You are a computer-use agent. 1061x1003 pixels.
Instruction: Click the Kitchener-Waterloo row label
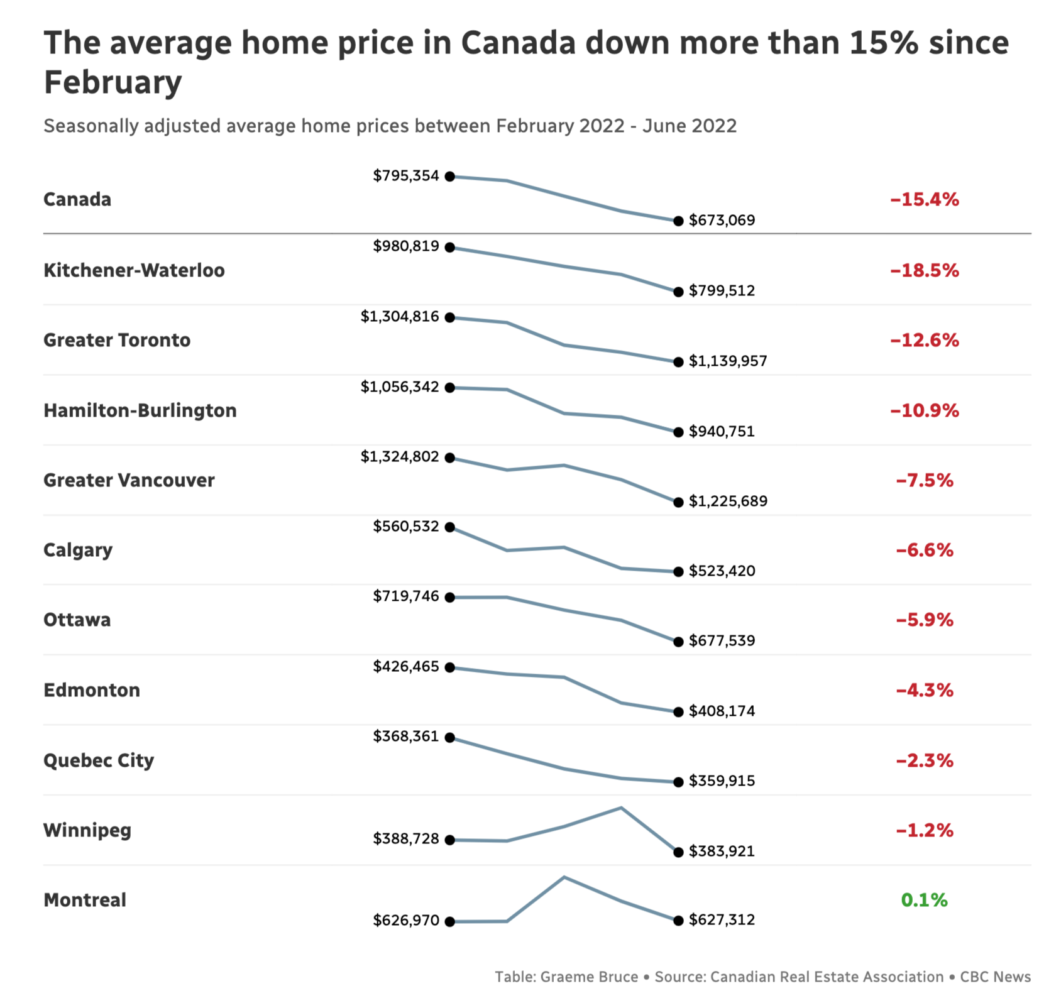click(134, 270)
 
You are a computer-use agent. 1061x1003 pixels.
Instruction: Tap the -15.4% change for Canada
click(924, 200)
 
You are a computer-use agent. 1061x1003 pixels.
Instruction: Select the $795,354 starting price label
click(405, 176)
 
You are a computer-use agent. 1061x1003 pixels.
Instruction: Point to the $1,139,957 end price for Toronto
click(728, 361)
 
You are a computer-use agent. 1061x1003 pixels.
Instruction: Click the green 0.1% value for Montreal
click(924, 900)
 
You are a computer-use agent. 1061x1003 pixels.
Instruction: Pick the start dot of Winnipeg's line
click(450, 840)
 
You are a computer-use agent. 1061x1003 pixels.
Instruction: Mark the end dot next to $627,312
click(678, 921)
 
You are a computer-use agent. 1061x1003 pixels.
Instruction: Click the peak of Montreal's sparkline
click(564, 877)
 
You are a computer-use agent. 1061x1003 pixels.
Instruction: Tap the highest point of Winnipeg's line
click(621, 808)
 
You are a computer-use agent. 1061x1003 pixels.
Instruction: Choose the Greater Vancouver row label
click(129, 480)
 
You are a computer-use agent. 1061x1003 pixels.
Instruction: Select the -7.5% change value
click(924, 481)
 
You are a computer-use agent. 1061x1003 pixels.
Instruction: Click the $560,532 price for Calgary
click(405, 526)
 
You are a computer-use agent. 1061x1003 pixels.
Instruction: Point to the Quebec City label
click(99, 760)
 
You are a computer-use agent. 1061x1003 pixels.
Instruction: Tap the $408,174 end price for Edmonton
click(722, 711)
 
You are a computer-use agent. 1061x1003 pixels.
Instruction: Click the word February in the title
click(113, 82)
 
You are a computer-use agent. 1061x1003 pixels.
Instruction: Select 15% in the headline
click(884, 43)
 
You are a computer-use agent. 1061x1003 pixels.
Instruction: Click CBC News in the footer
click(995, 977)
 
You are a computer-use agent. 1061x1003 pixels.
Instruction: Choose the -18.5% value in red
click(924, 271)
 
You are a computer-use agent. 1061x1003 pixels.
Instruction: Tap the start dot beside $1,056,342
click(450, 388)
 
